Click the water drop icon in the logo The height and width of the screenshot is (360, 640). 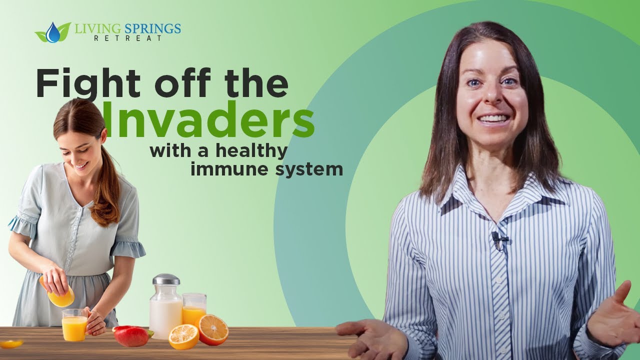click(x=52, y=32)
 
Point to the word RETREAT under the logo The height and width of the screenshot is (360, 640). click(x=127, y=38)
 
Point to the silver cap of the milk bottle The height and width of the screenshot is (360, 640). click(x=166, y=279)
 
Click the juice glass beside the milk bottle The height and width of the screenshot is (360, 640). click(x=194, y=309)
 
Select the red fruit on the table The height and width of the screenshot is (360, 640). click(x=131, y=336)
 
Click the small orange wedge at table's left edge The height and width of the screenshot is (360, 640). click(x=11, y=343)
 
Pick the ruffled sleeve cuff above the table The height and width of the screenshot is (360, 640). click(x=127, y=247)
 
